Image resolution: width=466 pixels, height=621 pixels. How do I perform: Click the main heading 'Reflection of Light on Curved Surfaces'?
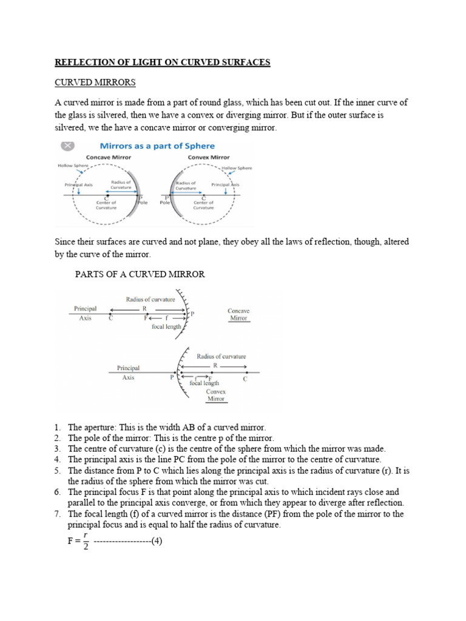163,62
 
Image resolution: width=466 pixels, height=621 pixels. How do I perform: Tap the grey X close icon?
68,146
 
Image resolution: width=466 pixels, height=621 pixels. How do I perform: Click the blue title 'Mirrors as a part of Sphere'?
157,146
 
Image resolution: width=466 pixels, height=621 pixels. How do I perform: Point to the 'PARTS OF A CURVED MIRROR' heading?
140,275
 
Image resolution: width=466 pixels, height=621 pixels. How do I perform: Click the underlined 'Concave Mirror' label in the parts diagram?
238,314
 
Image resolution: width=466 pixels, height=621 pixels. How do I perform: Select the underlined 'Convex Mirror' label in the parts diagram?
216,395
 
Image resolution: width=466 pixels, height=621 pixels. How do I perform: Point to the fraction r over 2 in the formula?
86,542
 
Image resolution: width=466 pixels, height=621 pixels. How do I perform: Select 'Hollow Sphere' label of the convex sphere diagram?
237,168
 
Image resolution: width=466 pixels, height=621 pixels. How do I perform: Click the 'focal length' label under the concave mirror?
166,327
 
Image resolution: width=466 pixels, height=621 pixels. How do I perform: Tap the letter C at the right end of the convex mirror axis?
245,378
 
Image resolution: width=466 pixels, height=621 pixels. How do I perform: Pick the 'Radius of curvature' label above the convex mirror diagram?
221,357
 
